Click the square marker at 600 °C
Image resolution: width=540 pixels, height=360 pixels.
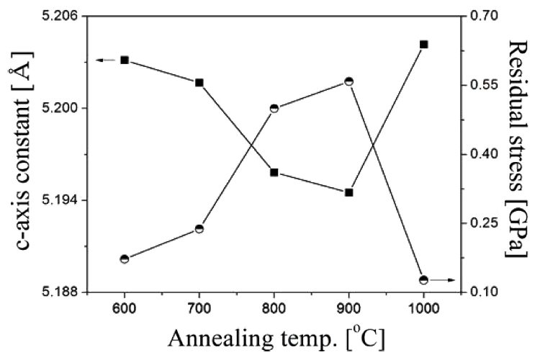click(125, 60)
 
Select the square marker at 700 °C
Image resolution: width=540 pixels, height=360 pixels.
click(199, 83)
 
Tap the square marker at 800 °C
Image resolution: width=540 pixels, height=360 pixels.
click(274, 173)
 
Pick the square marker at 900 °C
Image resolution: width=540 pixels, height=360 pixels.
click(349, 192)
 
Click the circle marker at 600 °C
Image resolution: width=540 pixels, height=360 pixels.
click(125, 258)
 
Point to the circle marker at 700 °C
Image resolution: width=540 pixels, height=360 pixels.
click(199, 229)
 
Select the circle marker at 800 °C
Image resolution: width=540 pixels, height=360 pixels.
click(274, 109)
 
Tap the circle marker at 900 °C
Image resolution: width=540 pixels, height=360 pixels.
click(349, 81)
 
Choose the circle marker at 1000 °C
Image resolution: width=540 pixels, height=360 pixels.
click(423, 279)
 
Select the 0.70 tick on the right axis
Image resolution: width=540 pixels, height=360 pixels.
click(480, 15)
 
